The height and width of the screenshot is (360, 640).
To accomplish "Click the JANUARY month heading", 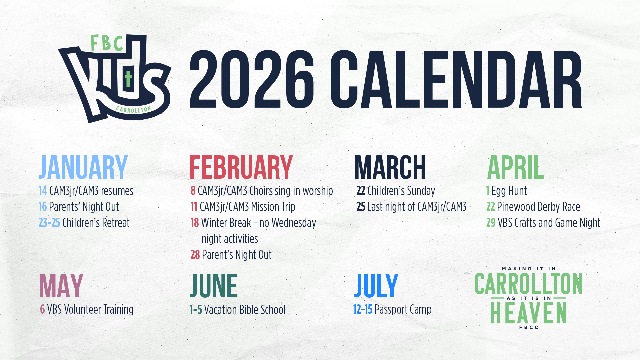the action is click(83, 167).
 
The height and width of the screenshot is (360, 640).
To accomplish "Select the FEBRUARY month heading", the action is click(241, 167).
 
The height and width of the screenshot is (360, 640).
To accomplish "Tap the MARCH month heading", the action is click(390, 167).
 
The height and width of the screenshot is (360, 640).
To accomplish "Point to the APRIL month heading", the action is click(515, 167).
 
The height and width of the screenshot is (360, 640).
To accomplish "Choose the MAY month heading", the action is click(61, 286).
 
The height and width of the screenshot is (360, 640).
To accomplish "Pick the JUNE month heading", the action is click(214, 286).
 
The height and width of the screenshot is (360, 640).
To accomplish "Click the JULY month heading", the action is click(376, 286).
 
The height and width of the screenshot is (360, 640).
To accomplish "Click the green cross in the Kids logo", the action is click(128, 79).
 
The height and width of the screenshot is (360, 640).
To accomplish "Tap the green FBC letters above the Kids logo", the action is click(107, 43).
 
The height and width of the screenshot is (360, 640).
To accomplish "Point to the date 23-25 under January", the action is click(49, 223).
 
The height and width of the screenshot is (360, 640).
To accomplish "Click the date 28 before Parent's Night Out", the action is click(195, 255).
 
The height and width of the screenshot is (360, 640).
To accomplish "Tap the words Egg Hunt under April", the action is click(509, 191).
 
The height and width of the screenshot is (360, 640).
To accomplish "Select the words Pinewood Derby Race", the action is click(538, 207).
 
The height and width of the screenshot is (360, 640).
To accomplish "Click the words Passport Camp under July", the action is click(403, 309).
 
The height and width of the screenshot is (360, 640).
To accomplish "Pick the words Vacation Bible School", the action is click(245, 310).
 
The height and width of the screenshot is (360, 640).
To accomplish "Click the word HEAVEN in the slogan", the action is click(529, 313).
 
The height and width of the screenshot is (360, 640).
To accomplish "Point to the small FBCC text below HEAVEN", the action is click(529, 327).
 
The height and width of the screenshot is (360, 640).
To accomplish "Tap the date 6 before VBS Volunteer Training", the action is click(42, 309).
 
